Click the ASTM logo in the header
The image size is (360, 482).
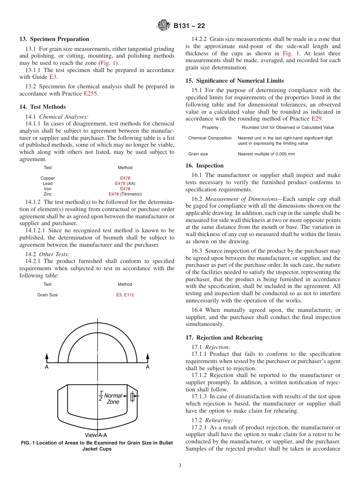coord(164,26)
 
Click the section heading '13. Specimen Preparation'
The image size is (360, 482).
coord(54,39)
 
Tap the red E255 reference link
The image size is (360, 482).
coord(90,94)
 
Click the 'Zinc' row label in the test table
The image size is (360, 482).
coord(48,194)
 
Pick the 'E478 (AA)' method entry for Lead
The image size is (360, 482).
coord(125,183)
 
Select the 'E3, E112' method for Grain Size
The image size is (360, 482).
coord(125,295)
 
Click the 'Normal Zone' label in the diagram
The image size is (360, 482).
coord(113,399)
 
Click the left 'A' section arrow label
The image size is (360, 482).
coord(47,367)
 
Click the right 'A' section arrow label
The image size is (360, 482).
coord(148,367)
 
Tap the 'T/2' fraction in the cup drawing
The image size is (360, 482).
coord(101,396)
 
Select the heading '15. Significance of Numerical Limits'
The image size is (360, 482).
coord(235,81)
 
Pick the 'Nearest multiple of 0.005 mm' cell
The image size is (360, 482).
coord(266,154)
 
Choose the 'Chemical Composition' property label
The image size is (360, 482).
coord(210,138)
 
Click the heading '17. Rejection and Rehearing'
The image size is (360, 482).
coord(224,338)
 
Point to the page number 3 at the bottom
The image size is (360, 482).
coord(180,466)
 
